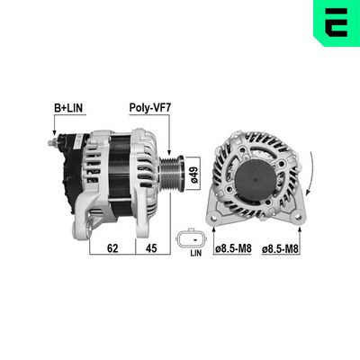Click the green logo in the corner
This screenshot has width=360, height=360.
[x=336, y=22]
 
